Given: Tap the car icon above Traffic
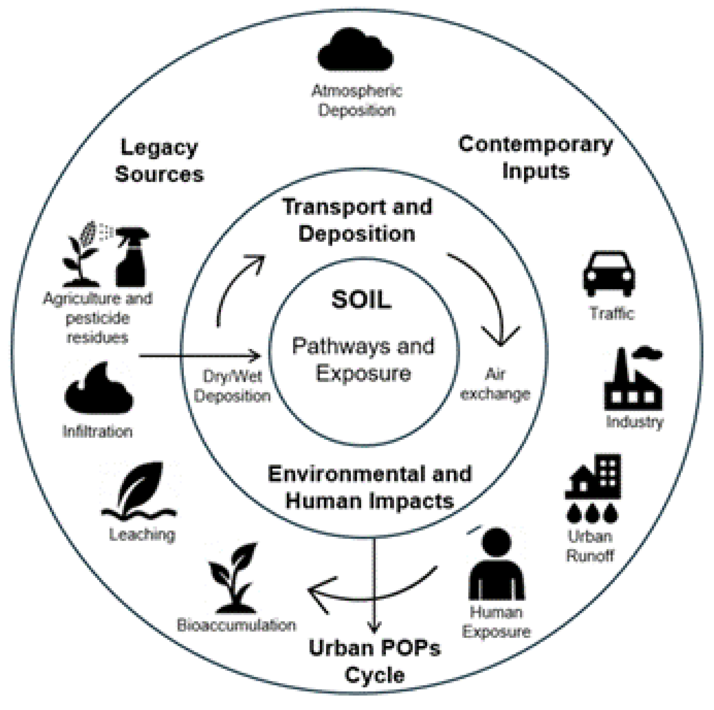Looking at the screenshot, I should [x=609, y=274].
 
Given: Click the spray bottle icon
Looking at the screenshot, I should [x=132, y=257].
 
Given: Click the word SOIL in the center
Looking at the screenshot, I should [x=361, y=300].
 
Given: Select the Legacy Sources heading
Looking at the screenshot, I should [x=159, y=161].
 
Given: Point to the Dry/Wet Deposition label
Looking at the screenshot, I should [x=233, y=386].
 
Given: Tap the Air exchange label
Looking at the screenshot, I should [x=495, y=385].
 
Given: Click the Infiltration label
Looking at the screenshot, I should [x=98, y=432].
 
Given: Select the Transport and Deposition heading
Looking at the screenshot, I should [x=357, y=220].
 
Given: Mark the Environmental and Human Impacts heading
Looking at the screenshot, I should [x=370, y=487].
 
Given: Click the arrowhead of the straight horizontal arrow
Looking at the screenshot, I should [x=257, y=356].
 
